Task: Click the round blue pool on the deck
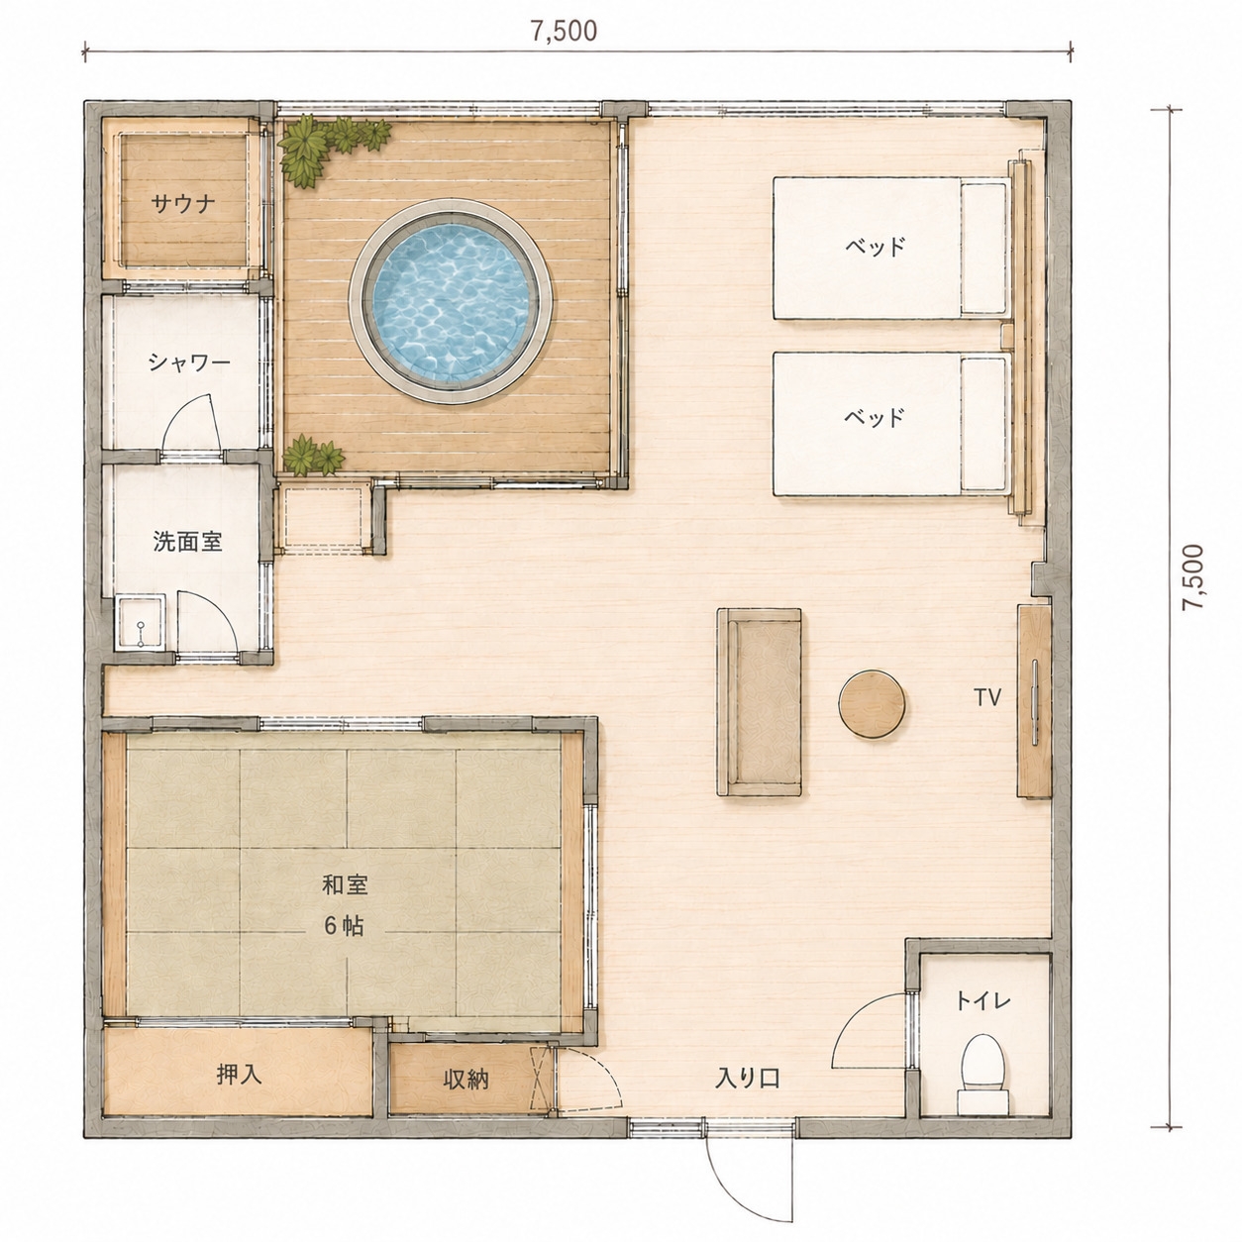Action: [x=451, y=301]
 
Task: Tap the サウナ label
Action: [x=183, y=204]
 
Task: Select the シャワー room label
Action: [x=189, y=363]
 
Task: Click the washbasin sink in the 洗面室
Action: [x=141, y=623]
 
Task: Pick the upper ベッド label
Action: [x=875, y=247]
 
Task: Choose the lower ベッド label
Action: [x=875, y=418]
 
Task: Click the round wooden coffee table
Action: [x=872, y=704]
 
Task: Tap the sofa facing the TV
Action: [x=760, y=702]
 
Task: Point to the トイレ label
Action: [x=983, y=1001]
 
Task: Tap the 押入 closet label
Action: [x=239, y=1075]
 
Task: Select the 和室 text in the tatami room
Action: [x=345, y=885]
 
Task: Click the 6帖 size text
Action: [x=345, y=926]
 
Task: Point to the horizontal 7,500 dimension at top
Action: [x=565, y=31]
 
